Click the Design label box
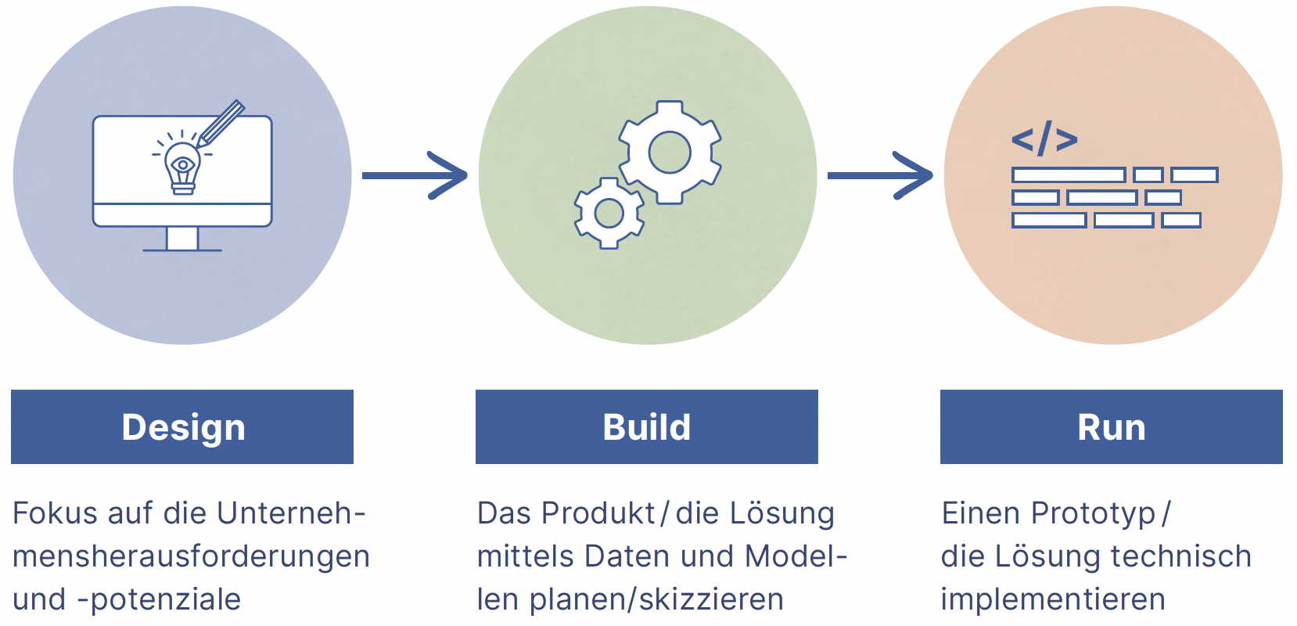click(x=182, y=426)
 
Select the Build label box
click(x=646, y=426)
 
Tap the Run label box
click(x=1111, y=426)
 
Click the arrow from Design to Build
click(x=414, y=175)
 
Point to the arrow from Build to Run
click(x=879, y=175)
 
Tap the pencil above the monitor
click(x=221, y=123)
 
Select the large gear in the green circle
click(x=670, y=152)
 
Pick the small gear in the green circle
click(x=609, y=213)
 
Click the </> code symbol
click(x=1044, y=139)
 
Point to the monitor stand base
click(x=182, y=249)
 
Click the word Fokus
click(x=55, y=513)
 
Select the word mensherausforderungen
click(x=191, y=556)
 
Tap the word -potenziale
click(x=159, y=599)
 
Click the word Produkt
click(x=598, y=513)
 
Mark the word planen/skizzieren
click(x=656, y=599)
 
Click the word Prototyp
click(x=1093, y=513)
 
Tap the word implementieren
click(x=1053, y=599)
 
